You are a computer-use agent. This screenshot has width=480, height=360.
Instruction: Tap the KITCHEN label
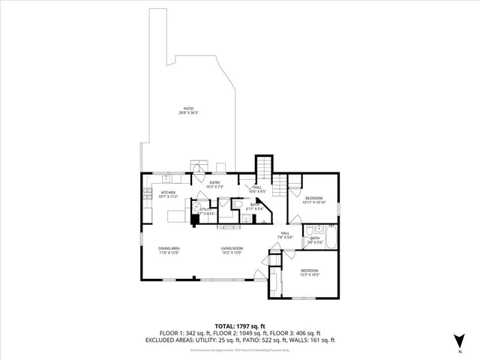168,194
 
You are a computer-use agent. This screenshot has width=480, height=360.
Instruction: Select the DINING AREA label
169,250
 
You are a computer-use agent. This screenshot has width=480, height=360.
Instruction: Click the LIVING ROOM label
232,250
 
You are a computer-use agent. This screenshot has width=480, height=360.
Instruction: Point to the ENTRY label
214,184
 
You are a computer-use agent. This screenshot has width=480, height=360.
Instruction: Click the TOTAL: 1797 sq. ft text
240,326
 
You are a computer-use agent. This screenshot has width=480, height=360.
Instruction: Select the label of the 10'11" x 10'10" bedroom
313,199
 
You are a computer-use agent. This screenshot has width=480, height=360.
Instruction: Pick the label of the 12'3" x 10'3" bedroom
310,271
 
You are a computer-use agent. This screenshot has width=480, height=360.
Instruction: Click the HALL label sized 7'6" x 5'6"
285,235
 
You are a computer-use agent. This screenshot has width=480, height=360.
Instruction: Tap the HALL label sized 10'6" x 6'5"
256,188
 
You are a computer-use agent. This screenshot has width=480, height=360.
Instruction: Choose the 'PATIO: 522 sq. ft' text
271,339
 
